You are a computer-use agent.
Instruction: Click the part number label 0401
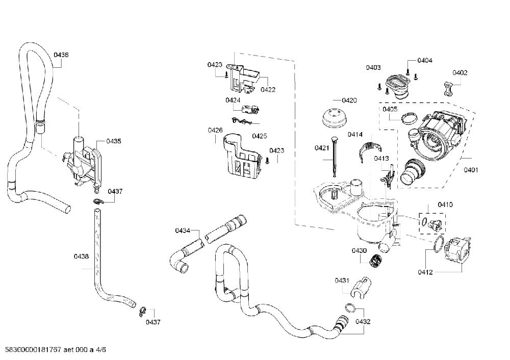(471, 169)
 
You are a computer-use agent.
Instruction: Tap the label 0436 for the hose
(61, 55)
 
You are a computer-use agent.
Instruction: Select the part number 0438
(81, 256)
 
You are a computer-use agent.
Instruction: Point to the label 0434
(183, 230)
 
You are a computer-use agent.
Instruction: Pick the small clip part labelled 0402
(448, 88)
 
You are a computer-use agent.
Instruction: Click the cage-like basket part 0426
(242, 157)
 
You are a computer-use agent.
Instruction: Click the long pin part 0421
(334, 157)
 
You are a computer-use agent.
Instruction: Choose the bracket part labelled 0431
(360, 287)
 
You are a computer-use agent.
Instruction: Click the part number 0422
(268, 89)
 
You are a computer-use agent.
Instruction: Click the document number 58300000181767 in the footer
(31, 350)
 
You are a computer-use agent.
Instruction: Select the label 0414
(355, 134)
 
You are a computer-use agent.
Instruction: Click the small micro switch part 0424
(251, 110)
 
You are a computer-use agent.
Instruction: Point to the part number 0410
(445, 204)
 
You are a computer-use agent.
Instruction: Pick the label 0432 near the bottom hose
(363, 321)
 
